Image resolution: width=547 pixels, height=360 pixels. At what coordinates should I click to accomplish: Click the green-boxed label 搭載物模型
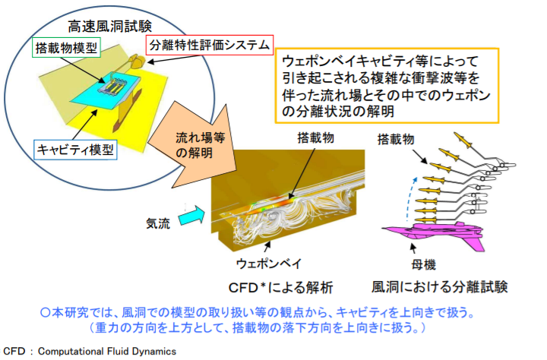point(66,47)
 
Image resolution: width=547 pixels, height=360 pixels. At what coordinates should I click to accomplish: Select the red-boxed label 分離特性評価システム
point(210,45)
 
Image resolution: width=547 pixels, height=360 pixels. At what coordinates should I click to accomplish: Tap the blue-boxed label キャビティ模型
point(75,150)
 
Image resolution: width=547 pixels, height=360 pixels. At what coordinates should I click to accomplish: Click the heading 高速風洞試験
point(109,27)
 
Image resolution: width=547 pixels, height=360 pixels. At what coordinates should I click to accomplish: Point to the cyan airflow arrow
point(191,216)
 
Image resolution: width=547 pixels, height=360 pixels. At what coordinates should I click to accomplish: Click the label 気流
point(158,223)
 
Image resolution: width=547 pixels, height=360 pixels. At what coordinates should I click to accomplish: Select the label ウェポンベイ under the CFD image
point(269,264)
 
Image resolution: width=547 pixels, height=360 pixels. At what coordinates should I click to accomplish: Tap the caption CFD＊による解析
point(280,288)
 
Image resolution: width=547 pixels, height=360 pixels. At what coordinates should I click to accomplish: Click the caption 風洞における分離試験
point(439,287)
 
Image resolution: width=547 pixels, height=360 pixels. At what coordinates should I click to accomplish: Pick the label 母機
point(423,265)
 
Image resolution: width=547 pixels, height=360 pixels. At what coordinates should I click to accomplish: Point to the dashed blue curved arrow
point(410,199)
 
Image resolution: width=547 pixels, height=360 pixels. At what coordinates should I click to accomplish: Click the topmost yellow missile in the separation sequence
point(463,140)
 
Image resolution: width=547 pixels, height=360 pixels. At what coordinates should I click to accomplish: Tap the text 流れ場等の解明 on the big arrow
point(200,145)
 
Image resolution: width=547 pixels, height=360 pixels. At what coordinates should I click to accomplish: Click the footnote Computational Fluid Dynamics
point(107,352)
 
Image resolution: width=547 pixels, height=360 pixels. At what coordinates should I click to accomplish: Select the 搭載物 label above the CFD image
point(316,137)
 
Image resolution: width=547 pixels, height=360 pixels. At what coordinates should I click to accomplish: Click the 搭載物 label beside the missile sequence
point(396,140)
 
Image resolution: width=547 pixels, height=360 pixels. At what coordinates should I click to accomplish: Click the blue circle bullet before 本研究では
point(46,312)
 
